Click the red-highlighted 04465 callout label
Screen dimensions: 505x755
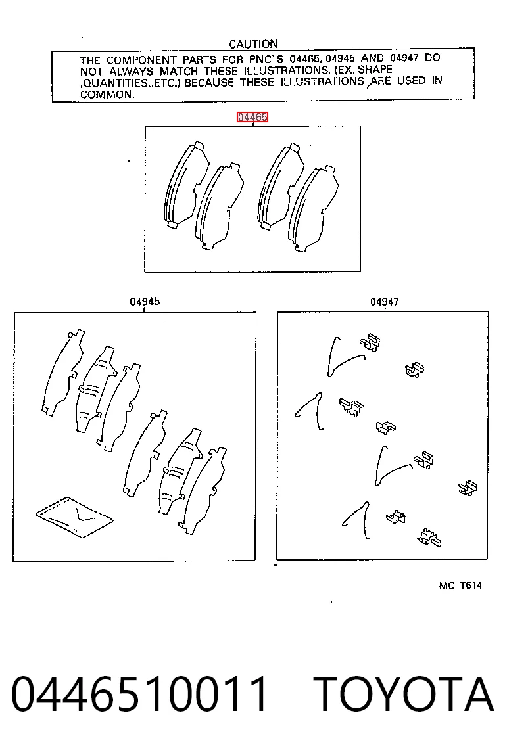pyautogui.click(x=252, y=117)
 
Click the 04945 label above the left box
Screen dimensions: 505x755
pyautogui.click(x=145, y=302)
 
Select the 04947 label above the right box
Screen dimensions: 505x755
pyautogui.click(x=385, y=302)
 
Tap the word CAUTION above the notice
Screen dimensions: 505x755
pyautogui.click(x=253, y=44)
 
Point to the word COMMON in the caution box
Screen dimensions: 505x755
pyautogui.click(x=107, y=95)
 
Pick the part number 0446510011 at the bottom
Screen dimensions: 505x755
pyautogui.click(x=139, y=694)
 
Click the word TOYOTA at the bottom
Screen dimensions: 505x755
pyautogui.click(x=404, y=694)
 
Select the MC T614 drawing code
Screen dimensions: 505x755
pyautogui.click(x=460, y=585)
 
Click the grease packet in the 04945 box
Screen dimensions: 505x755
pyautogui.click(x=75, y=516)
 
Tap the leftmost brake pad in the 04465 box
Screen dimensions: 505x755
pyautogui.click(x=185, y=185)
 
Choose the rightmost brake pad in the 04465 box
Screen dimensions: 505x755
pyautogui.click(x=313, y=209)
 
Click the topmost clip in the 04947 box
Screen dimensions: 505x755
pyautogui.click(x=370, y=342)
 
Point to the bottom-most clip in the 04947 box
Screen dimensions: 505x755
pyautogui.click(x=429, y=538)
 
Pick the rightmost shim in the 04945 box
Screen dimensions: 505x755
pyautogui.click(x=203, y=491)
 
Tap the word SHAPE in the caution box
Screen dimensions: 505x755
pyautogui.click(x=375, y=70)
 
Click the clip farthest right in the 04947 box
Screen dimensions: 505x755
pyautogui.click(x=468, y=488)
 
